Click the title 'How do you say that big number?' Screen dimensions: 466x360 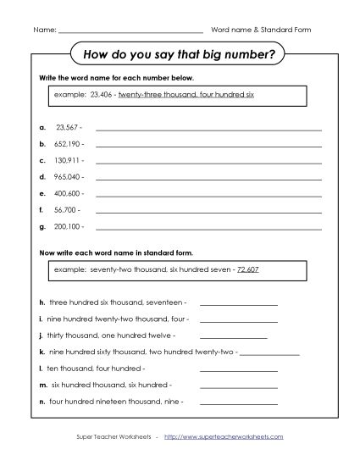(x=180, y=56)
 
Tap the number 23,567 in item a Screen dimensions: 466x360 (x=67, y=128)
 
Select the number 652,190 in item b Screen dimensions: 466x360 (x=69, y=144)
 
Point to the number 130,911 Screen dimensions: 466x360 (x=69, y=160)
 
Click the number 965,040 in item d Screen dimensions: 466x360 (x=69, y=176)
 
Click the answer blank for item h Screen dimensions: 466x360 (x=238, y=302)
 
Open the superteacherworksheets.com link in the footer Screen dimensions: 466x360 (x=224, y=437)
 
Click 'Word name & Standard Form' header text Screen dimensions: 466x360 (x=261, y=30)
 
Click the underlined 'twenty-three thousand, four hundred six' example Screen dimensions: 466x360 (x=186, y=95)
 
